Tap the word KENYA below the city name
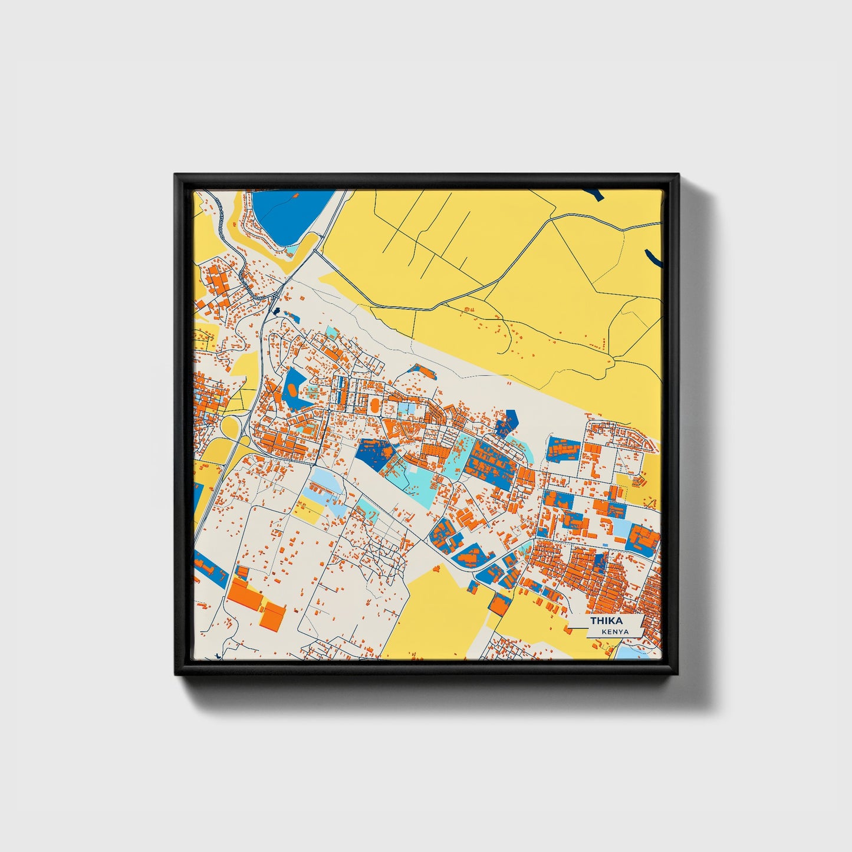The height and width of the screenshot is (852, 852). (615, 631)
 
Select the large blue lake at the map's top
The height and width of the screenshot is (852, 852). (289, 216)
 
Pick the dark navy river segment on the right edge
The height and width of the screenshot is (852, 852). (653, 258)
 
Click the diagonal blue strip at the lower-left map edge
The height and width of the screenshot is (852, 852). (210, 567)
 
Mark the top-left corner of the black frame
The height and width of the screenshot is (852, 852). (176, 176)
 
